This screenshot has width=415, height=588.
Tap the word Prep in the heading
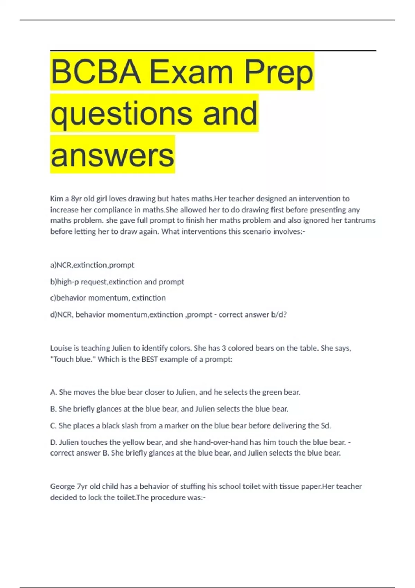[x=278, y=72]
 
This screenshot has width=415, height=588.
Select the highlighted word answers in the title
[x=112, y=155]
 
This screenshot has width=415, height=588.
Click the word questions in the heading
[x=121, y=113]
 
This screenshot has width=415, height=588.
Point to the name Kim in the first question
[x=56, y=199]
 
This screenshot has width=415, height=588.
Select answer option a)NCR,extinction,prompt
[x=92, y=265]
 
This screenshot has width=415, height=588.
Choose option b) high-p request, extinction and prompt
[x=117, y=282]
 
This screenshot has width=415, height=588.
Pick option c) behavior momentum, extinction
[x=108, y=298]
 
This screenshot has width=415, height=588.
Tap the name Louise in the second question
[x=61, y=348]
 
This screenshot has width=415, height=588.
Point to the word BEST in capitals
[x=151, y=359]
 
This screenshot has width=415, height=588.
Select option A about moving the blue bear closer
[x=175, y=392]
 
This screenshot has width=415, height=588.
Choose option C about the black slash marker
[x=191, y=425]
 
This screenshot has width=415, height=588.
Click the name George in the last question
[x=62, y=486]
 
